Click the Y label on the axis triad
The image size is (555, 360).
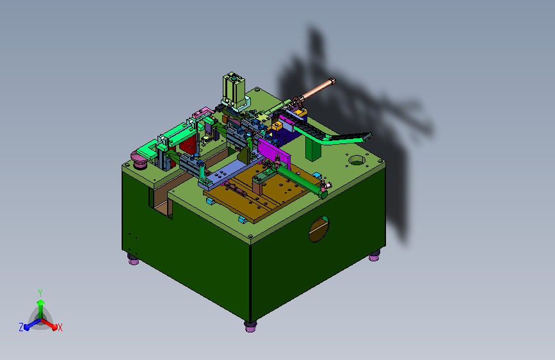coord(40,293)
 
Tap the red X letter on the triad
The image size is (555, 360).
coord(60,327)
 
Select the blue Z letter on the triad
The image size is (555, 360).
coord(21,327)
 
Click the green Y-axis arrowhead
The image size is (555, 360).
coord(41,302)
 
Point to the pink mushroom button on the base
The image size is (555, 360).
coord(139,160)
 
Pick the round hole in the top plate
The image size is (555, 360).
coord(357,161)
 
